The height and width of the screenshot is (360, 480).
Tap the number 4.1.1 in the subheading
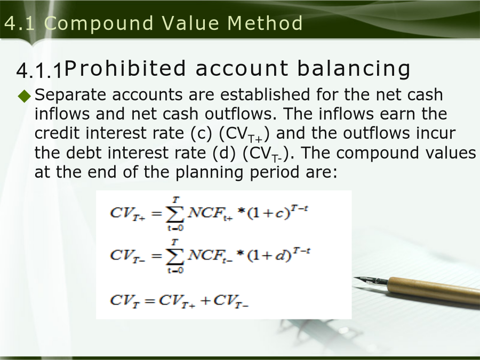39,70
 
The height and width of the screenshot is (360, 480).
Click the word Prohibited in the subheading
125,68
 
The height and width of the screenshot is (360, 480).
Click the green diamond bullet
25,96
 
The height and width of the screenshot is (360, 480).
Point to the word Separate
70,95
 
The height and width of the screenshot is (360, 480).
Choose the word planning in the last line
210,173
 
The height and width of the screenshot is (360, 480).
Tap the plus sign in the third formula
206,300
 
